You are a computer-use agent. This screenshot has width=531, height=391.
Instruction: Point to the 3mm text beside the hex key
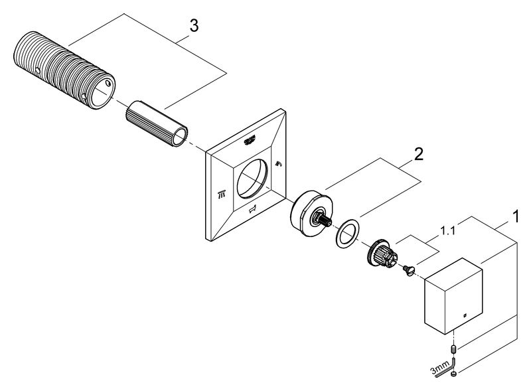point(439,370)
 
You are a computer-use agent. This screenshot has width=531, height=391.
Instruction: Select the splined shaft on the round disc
point(325,219)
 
